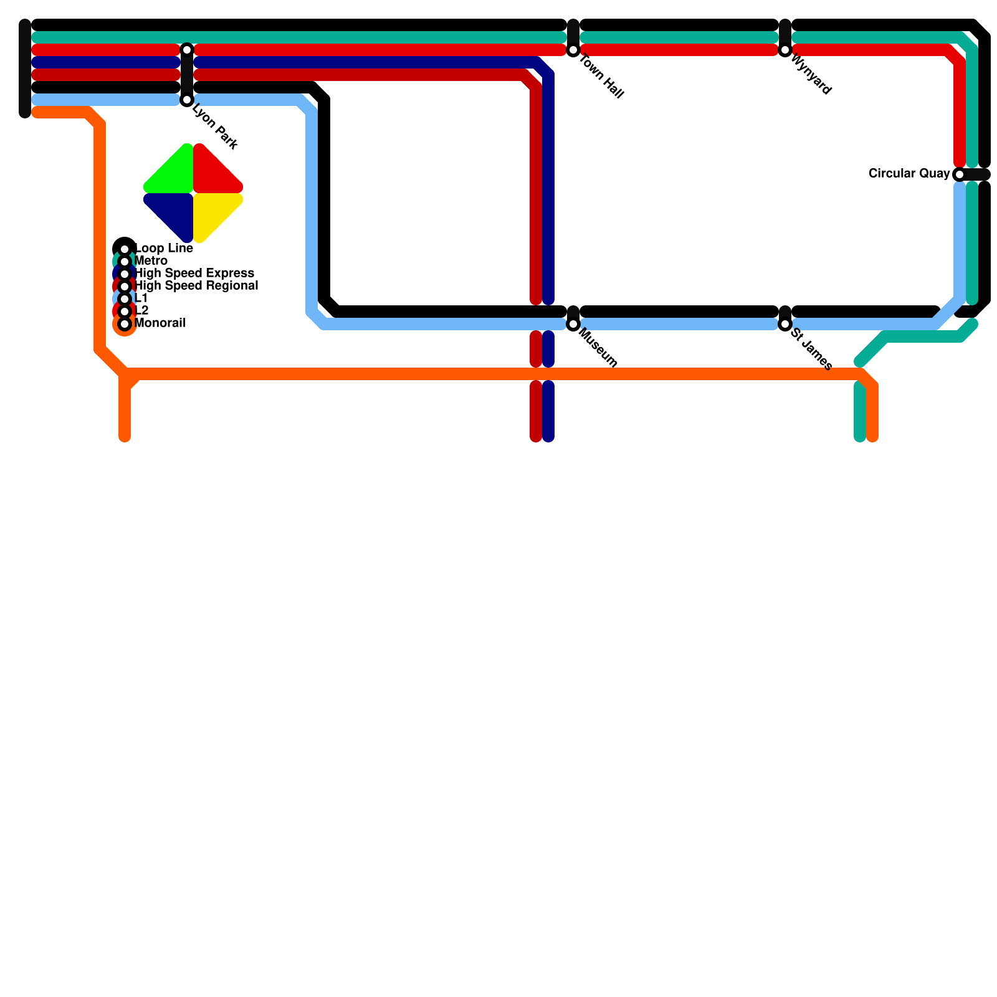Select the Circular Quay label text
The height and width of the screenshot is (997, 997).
tap(909, 174)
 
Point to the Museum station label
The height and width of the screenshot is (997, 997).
tap(598, 348)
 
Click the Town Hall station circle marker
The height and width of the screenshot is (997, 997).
tap(573, 50)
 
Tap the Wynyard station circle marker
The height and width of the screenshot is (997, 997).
tap(785, 50)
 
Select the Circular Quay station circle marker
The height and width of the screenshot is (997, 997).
tap(960, 174)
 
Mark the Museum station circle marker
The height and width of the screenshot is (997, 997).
tap(573, 324)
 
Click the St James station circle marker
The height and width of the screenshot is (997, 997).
tap(785, 324)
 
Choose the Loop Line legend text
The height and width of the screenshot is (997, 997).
tap(164, 249)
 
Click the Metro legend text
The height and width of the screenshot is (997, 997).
tap(151, 261)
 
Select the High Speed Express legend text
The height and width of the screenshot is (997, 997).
tap(194, 274)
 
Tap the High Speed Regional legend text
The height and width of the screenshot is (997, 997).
tap(196, 286)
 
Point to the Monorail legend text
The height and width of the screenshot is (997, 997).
tap(160, 323)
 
